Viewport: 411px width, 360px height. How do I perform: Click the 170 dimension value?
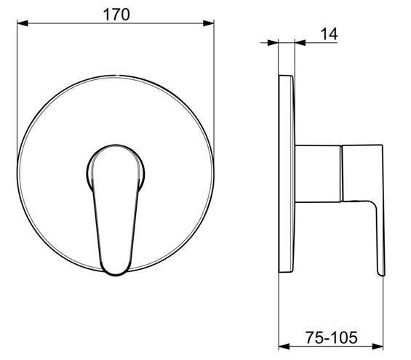tap(116, 15)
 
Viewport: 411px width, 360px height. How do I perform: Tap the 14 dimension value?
tap(329, 34)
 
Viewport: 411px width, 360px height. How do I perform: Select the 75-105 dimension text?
tap(331, 337)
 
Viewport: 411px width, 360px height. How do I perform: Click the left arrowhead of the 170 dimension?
tap(23, 23)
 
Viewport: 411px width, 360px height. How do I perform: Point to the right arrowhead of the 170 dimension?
tap(209, 23)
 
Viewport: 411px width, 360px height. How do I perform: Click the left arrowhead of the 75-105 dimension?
tap(284, 347)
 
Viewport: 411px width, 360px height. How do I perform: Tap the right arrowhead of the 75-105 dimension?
tap(378, 347)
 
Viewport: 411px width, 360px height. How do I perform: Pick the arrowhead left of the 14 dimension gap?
tap(273, 42)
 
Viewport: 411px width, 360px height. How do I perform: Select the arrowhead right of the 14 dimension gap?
tap(300, 42)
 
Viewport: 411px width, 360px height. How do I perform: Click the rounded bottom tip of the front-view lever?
tap(116, 273)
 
